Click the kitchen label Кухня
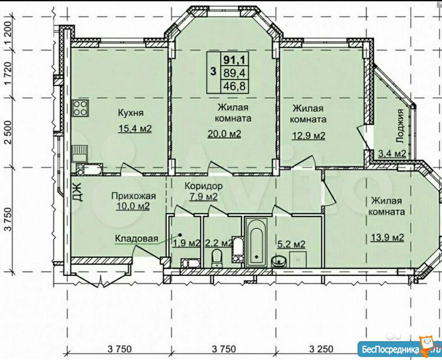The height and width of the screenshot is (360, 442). (131, 113)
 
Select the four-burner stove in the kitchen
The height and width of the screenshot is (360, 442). (81, 108)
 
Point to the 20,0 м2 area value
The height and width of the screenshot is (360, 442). (224, 134)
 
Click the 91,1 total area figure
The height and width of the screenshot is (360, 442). (234, 59)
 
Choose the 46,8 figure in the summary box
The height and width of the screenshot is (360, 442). (234, 86)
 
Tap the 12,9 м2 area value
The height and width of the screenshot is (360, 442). (308, 135)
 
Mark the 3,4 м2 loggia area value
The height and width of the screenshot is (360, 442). (392, 154)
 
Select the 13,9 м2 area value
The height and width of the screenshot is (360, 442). (387, 237)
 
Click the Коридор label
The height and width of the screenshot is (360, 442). (203, 186)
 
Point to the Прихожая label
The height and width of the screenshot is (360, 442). (133, 196)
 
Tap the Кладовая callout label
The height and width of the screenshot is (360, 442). (137, 239)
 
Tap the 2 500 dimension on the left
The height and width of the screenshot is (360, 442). (9, 132)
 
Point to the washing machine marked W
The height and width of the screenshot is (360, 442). (298, 259)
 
